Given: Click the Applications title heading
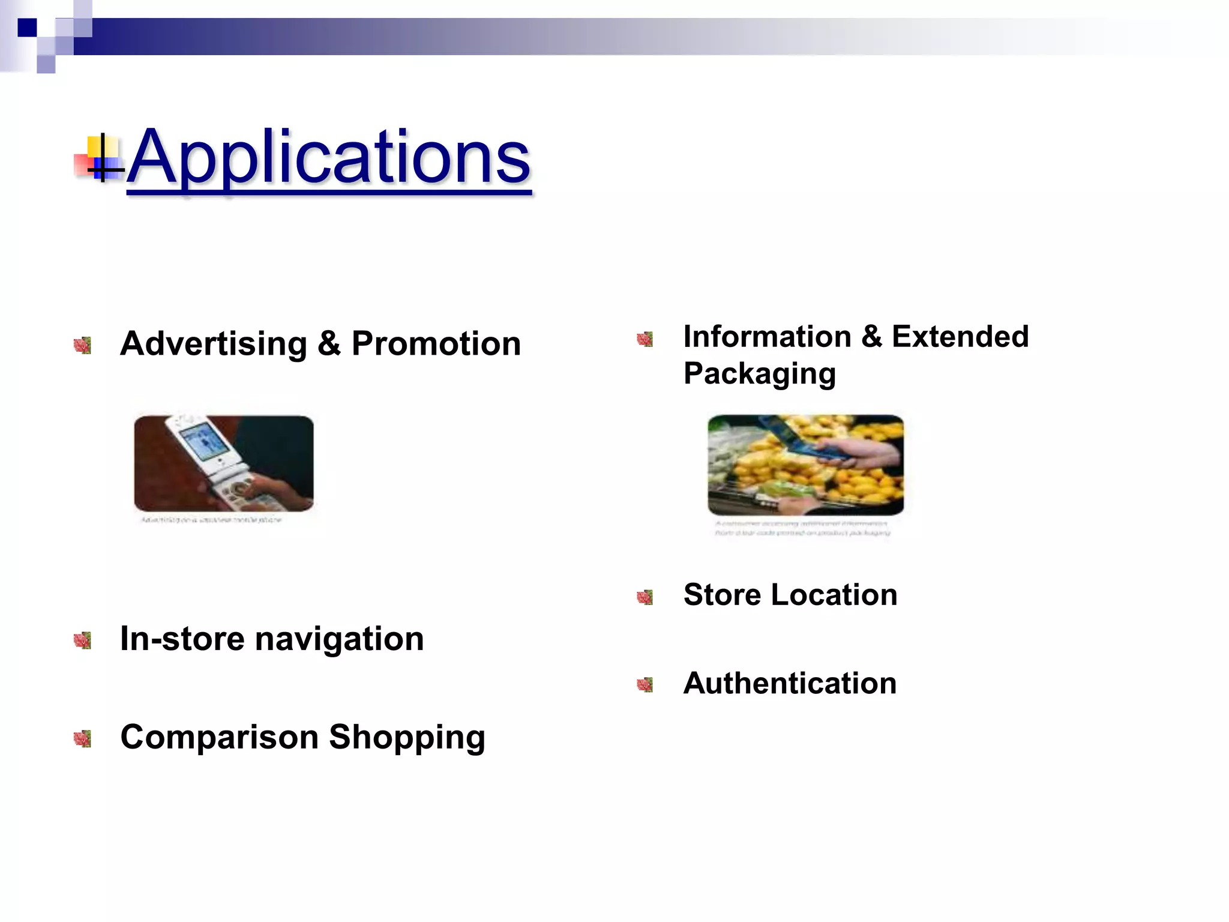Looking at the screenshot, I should coord(329,157).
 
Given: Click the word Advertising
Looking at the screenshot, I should coord(214,344).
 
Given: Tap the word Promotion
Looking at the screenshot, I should coord(436,344).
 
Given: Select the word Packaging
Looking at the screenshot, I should coord(759,374).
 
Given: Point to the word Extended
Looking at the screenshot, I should coord(960,336).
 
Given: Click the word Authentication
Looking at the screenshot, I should coord(790,683).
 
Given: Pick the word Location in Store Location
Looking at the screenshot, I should coord(834,595).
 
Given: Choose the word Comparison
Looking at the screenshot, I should coord(219,737).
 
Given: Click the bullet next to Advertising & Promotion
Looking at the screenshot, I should coord(82,345).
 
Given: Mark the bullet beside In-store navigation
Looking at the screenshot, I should coord(82,640).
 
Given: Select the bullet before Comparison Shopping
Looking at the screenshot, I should coord(82,739).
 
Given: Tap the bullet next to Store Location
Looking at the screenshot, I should coord(645,597).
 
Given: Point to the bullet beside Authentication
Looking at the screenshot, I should coord(645,685).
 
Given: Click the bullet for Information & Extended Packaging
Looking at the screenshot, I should coord(645,339).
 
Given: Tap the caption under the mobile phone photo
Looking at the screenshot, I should coord(211,520).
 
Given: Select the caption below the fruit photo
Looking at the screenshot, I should coord(802,528).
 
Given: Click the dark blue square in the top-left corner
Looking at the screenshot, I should coord(27,28).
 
